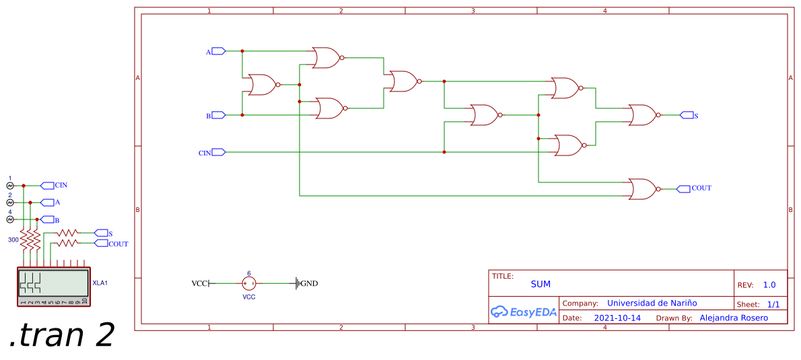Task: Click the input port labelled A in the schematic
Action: coord(217,51)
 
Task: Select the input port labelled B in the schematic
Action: coord(217,115)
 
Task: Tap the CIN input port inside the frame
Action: coord(217,153)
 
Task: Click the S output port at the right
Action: coord(687,115)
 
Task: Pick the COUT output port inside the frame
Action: coord(683,188)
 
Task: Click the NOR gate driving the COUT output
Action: coord(643,189)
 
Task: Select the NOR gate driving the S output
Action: coord(643,115)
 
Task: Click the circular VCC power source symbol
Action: coord(249,283)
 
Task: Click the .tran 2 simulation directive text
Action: coord(61,336)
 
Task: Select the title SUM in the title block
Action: coord(540,284)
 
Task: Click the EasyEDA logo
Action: coord(523,312)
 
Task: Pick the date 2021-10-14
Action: coord(617,318)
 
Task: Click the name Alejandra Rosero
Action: coord(733,318)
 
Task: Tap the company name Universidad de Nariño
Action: coord(652,303)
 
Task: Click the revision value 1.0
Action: coord(769,285)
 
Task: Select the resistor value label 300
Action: coord(13,240)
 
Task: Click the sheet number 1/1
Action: coord(773,304)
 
